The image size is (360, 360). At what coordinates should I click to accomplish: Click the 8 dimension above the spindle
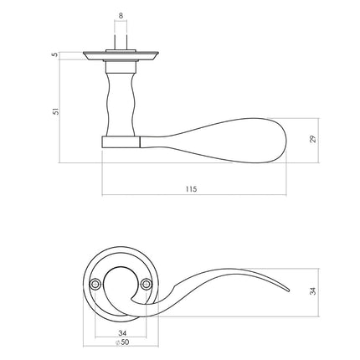(x=121, y=15)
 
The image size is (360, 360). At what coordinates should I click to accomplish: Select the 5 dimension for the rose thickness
(x=54, y=55)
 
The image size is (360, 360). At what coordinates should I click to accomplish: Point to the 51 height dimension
(x=54, y=110)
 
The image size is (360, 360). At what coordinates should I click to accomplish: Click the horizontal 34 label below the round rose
(x=121, y=332)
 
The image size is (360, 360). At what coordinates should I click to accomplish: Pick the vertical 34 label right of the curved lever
(x=313, y=291)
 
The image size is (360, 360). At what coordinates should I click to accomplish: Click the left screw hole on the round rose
(x=97, y=285)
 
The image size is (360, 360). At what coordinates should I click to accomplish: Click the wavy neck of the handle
(x=121, y=100)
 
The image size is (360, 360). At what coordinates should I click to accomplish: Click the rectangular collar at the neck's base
(x=121, y=141)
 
